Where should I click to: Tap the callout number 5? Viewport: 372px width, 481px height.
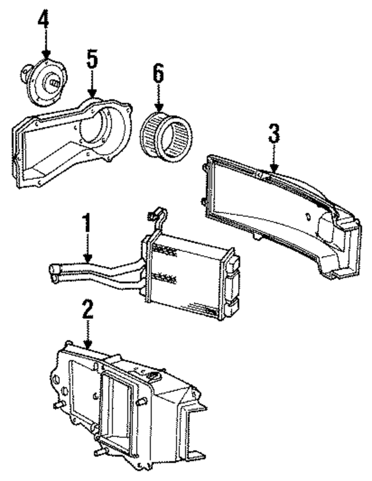pyautogui.click(x=92, y=60)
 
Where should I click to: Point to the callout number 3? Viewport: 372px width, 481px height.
pyautogui.click(x=274, y=134)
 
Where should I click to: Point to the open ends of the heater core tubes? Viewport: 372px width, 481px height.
pyautogui.click(x=53, y=273)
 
